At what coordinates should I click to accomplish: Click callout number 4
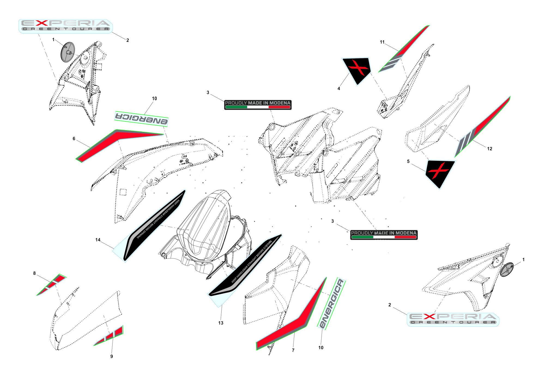click(x=339, y=89)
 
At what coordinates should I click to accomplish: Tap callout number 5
click(x=408, y=161)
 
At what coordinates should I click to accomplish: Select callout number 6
click(x=74, y=139)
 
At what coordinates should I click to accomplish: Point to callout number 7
click(x=293, y=350)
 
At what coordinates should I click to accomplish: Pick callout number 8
click(x=34, y=273)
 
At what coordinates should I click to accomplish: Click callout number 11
click(x=382, y=42)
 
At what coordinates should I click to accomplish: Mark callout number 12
click(x=490, y=149)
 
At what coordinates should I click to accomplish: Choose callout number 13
click(x=221, y=323)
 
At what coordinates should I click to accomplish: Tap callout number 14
click(x=98, y=240)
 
